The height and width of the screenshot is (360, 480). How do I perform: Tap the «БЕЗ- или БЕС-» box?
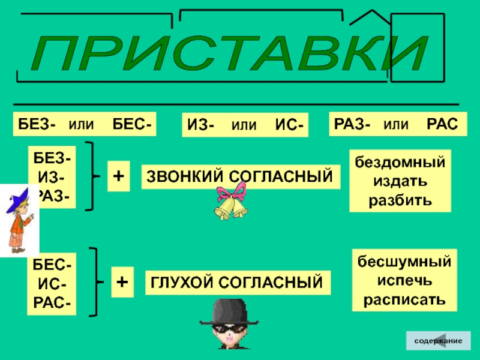click(85, 124)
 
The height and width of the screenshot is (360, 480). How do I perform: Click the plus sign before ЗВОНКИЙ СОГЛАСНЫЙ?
click(119, 176)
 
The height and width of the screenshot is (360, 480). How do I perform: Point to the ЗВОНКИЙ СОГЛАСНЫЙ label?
click(240, 176)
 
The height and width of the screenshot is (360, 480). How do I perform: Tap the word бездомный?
click(400, 162)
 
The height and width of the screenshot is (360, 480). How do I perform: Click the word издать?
click(400, 181)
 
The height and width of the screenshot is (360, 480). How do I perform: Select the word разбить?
click(400, 199)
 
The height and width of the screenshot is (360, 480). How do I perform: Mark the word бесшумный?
click(404, 262)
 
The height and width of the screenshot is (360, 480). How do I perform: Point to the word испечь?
click(404, 280)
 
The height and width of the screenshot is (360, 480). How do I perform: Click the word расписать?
click(404, 298)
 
